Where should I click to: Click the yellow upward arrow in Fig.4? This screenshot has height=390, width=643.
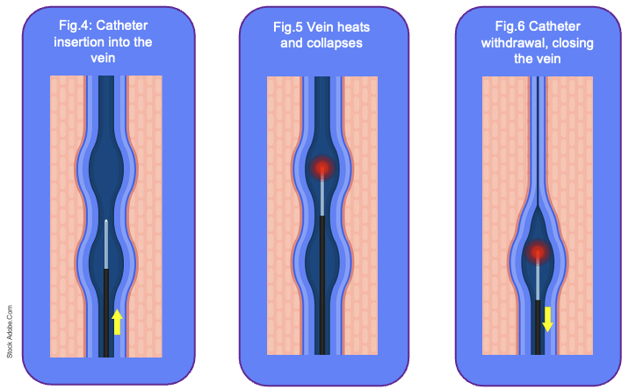click(116, 321)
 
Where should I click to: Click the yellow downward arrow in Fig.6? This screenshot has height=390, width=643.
click(547, 318)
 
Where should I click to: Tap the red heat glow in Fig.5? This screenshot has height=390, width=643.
click(322, 167)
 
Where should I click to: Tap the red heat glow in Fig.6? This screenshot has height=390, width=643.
click(537, 254)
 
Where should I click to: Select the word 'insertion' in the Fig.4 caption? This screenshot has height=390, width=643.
click(75, 42)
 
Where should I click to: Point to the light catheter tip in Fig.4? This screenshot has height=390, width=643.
click(106, 243)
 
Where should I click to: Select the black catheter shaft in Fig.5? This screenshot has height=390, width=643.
click(322, 290)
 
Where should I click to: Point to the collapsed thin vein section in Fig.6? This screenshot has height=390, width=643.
click(537, 132)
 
